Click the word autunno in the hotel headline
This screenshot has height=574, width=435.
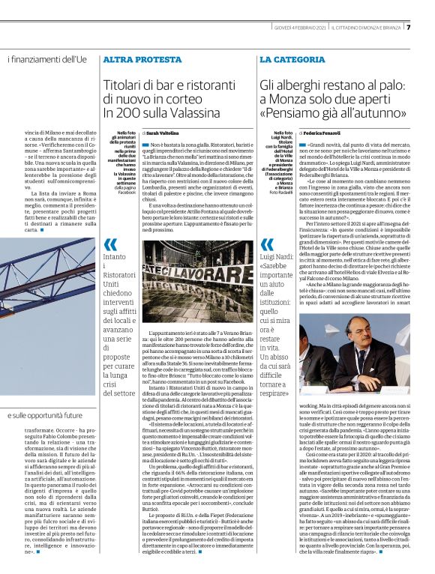(x=394, y=112)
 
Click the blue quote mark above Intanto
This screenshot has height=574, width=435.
(x=110, y=244)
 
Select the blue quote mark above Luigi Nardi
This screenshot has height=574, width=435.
(x=267, y=244)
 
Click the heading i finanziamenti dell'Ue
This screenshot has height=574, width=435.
(x=47, y=59)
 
